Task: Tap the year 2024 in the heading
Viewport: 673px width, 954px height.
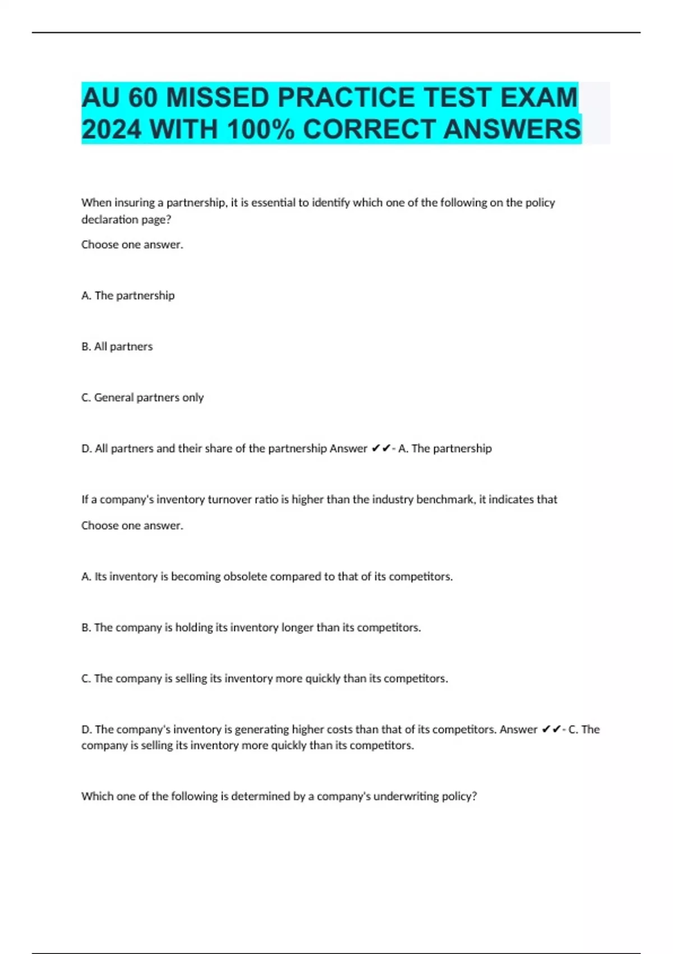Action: pos(112,130)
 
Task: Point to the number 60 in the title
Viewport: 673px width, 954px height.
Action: pos(143,98)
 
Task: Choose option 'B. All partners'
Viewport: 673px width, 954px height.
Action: pos(117,347)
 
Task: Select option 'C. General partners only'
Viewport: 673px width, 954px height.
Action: pos(142,398)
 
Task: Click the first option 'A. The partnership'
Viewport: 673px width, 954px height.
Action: pos(128,296)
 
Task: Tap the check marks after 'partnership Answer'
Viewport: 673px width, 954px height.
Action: pos(381,448)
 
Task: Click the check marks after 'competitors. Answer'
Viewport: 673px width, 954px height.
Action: pos(551,730)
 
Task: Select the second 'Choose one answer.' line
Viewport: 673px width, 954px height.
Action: pos(132,526)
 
